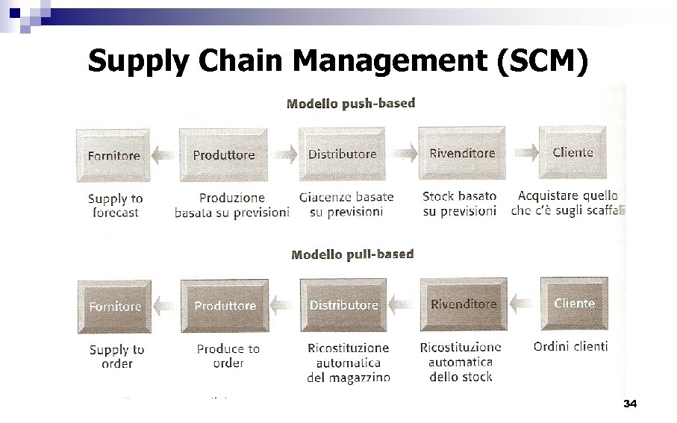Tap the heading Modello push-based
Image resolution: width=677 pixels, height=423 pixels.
(351, 103)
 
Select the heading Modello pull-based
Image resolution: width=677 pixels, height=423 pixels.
(352, 254)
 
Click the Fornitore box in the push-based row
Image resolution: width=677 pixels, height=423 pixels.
(113, 155)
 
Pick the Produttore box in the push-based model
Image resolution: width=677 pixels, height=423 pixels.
(224, 155)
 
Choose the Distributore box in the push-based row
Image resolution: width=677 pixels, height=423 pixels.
(343, 154)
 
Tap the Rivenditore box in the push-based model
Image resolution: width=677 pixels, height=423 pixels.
(462, 154)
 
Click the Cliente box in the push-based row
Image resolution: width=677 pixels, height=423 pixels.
(573, 152)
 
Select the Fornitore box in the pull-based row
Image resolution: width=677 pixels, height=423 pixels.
(114, 307)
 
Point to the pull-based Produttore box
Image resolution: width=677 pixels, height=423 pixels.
(225, 306)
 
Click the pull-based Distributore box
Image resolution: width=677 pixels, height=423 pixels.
(343, 305)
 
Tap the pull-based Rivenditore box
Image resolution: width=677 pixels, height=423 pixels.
(463, 304)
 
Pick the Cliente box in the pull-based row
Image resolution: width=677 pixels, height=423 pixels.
(574, 303)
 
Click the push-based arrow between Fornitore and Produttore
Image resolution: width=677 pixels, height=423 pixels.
(165, 155)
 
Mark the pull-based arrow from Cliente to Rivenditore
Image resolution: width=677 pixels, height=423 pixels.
(522, 304)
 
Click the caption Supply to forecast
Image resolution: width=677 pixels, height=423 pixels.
(115, 205)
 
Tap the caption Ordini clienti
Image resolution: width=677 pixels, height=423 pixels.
(570, 346)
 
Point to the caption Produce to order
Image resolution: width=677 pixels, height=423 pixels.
(228, 356)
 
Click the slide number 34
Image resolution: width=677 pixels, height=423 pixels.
(629, 404)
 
